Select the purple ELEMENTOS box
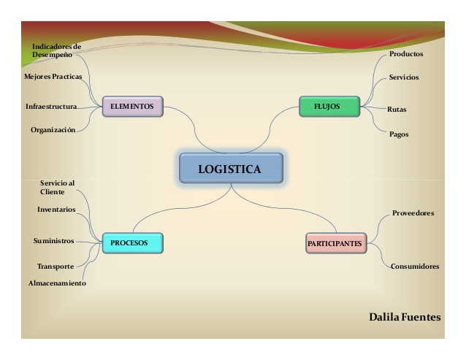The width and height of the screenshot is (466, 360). [x=131, y=106]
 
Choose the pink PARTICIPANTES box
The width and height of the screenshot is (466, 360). [x=335, y=243]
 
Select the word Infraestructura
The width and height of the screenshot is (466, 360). [x=51, y=107]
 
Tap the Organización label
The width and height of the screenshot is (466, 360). [x=53, y=130]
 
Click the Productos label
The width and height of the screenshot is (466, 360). [x=406, y=53]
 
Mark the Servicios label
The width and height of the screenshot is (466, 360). [x=404, y=77]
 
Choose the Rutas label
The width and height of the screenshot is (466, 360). [x=397, y=110]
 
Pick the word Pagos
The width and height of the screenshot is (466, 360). [x=399, y=134]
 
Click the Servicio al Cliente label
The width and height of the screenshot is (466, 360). [x=58, y=186]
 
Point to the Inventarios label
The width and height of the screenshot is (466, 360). [x=56, y=210]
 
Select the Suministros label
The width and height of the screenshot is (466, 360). [x=53, y=240]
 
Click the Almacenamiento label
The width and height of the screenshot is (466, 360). [x=57, y=283]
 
